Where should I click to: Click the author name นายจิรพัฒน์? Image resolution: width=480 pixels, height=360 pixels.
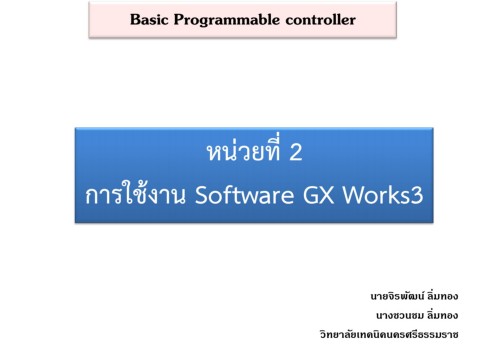pos(395,297)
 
